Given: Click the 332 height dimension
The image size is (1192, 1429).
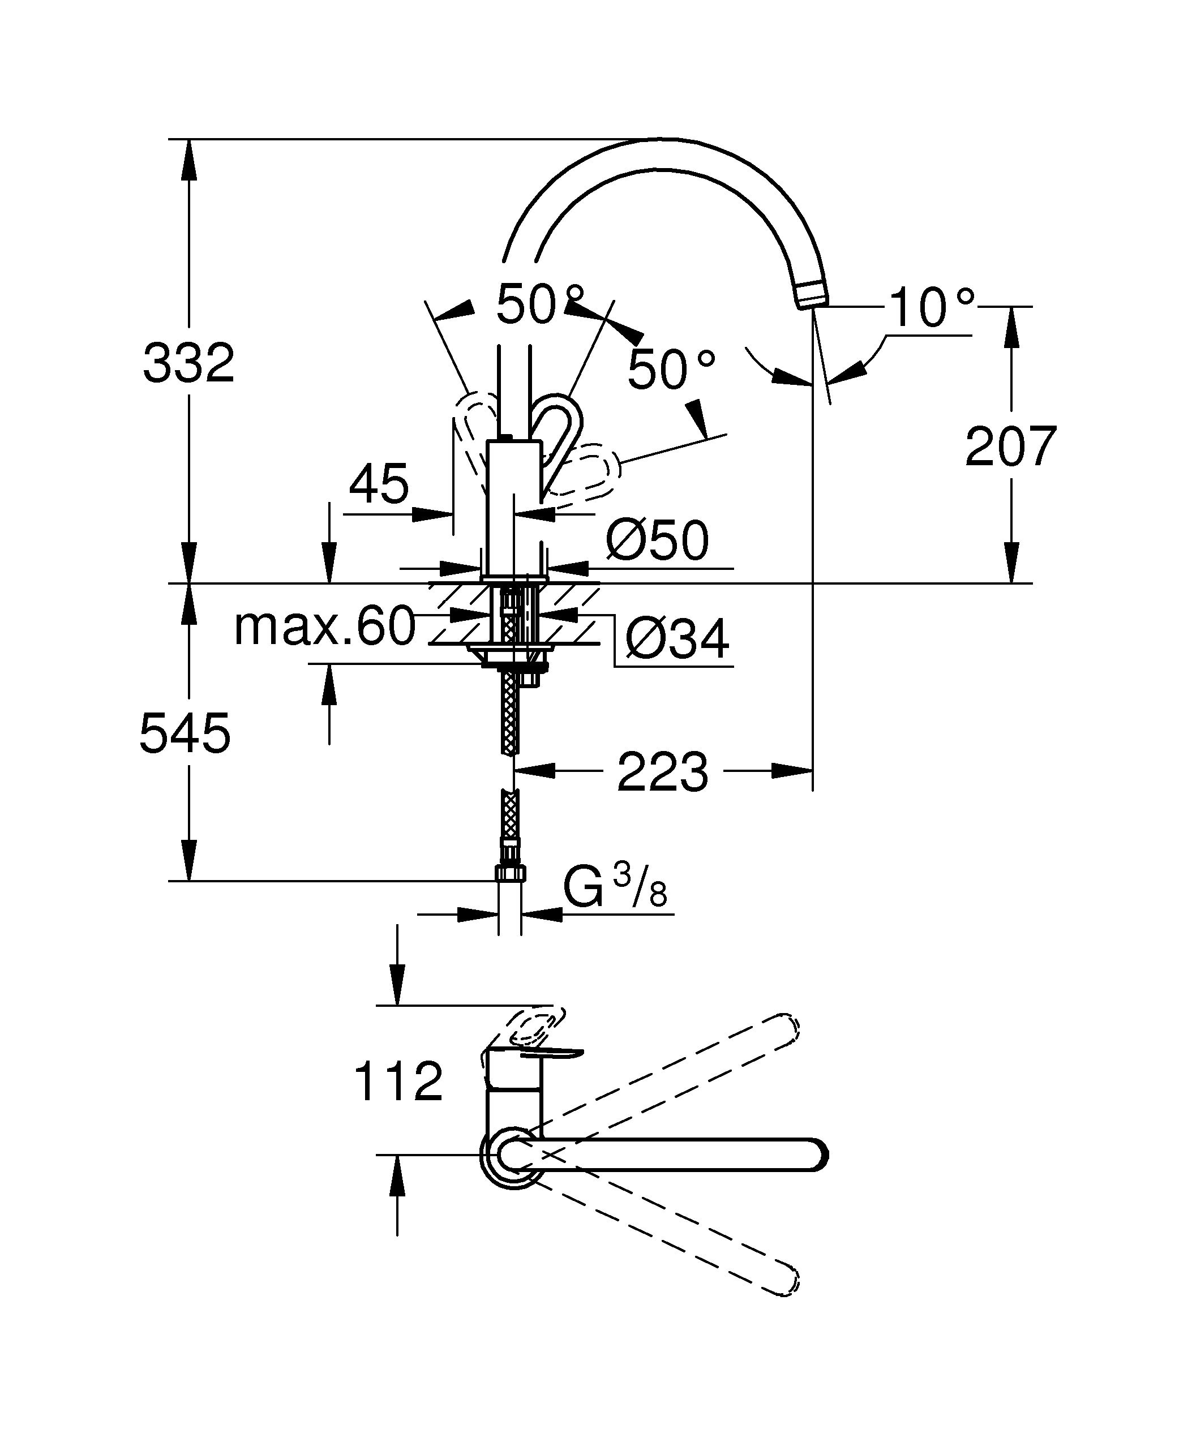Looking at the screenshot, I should [188, 363].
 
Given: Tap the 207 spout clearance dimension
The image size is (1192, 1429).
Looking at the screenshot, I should [1011, 447].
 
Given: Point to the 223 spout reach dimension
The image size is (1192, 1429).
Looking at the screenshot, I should [663, 773].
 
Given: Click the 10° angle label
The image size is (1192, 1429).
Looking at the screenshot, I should [931, 308].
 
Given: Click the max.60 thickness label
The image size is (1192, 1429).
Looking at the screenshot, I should [324, 626].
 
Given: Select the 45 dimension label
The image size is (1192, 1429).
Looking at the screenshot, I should [379, 484].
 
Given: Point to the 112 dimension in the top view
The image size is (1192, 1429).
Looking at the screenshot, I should [398, 1082].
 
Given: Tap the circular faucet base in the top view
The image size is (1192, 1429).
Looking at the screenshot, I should [507, 1155].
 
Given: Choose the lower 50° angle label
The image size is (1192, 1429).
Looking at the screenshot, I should [671, 370].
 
